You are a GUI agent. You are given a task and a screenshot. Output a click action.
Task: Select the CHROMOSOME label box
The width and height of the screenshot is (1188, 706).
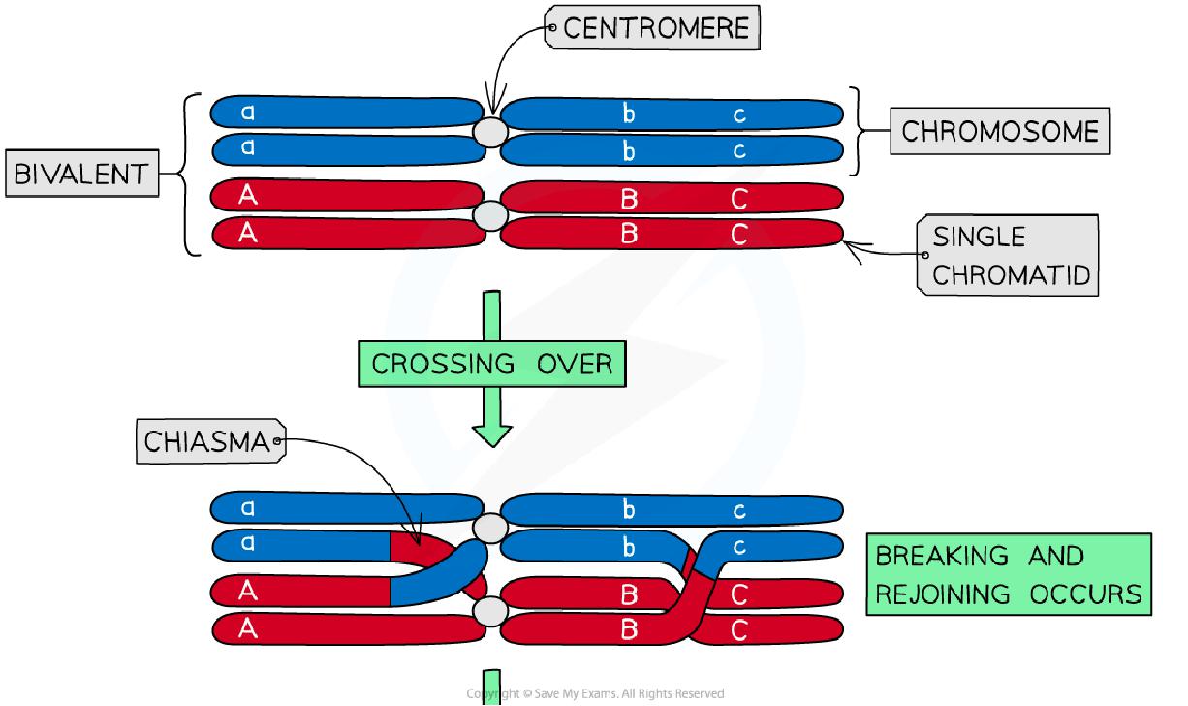(999, 132)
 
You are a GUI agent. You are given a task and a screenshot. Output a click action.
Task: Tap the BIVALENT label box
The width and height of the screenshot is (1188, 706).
(80, 176)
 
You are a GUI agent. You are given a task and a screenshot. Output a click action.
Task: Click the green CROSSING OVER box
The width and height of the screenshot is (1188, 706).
(491, 364)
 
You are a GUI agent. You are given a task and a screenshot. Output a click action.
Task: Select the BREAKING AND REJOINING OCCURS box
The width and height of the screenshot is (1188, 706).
(1008, 574)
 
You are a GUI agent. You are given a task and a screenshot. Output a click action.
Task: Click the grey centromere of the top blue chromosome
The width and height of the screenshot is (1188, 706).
(490, 131)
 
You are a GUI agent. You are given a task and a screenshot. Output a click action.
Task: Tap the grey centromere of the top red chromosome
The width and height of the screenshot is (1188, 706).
(490, 215)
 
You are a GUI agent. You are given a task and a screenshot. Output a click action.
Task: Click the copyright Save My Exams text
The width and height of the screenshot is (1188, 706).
(594, 693)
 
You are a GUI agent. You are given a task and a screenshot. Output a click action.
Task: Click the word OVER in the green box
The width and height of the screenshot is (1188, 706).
(574, 364)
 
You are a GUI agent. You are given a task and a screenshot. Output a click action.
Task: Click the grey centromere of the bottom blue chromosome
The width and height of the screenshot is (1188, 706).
(490, 528)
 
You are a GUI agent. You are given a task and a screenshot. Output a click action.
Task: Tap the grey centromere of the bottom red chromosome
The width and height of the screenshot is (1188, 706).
(490, 612)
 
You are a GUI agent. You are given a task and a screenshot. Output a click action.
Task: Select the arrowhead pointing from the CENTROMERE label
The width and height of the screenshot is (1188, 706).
(492, 110)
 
